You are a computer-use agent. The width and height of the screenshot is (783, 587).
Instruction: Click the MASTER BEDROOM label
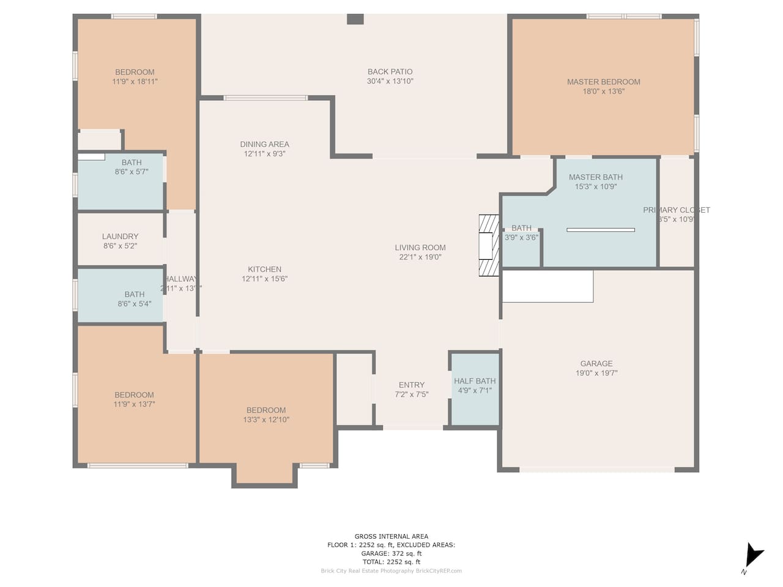603,82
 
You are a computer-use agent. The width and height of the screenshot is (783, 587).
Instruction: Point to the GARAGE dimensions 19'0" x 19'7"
596,373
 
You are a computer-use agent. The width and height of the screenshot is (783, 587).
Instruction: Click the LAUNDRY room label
120,237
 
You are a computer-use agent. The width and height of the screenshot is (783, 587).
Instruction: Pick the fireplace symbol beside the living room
489,245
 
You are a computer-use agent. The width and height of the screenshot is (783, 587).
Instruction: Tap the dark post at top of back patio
355,19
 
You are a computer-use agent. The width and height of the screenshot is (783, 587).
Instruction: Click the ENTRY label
411,385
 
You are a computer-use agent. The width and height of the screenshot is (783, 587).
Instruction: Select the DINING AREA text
264,144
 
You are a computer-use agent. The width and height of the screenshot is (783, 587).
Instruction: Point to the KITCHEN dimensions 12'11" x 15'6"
264,279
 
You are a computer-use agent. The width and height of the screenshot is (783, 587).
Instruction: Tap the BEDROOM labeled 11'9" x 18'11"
135,76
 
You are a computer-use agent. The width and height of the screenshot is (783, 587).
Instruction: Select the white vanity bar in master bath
600,230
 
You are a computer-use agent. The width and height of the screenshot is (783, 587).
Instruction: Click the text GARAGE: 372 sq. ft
391,553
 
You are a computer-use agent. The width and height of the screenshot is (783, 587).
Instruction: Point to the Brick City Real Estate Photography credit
391,571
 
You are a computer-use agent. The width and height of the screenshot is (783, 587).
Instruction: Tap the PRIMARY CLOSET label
676,210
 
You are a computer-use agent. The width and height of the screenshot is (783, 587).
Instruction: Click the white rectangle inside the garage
547,286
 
